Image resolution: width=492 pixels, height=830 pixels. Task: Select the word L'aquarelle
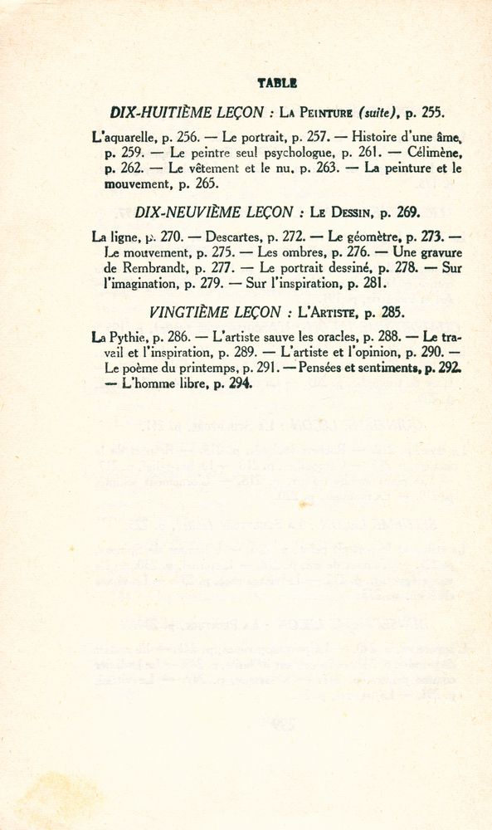click(x=124, y=136)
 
